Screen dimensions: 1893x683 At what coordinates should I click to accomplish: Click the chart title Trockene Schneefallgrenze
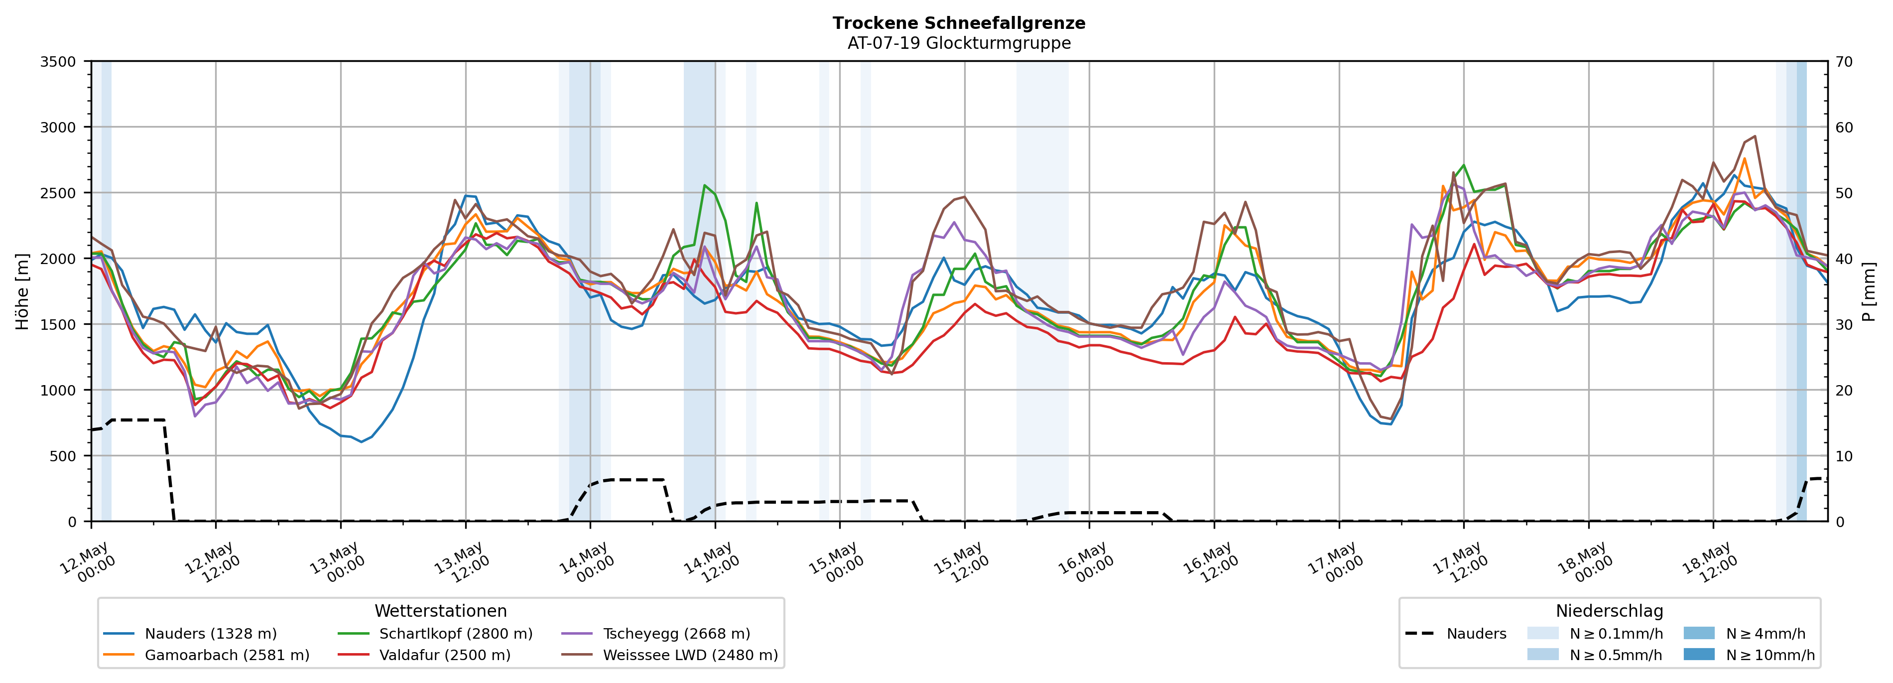tap(959, 23)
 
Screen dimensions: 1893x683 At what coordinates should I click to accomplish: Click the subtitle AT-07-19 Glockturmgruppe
tap(959, 43)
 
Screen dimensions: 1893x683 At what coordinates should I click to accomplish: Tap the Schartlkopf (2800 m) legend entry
tap(435, 634)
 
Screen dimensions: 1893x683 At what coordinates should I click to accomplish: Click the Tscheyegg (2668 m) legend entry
tap(655, 634)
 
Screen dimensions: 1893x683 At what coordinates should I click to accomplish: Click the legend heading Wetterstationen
tap(441, 611)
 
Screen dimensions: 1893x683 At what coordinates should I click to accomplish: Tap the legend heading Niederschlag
tap(1609, 611)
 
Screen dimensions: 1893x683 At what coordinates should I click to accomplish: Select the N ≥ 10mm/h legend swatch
tap(1699, 654)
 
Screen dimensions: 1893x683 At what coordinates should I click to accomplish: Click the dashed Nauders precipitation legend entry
tap(1455, 634)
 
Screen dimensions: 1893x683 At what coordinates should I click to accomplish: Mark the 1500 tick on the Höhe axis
tap(58, 324)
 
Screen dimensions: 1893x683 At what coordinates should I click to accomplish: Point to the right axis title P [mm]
tap(1869, 291)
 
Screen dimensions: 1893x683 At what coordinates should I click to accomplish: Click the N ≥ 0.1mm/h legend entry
tap(1595, 634)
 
